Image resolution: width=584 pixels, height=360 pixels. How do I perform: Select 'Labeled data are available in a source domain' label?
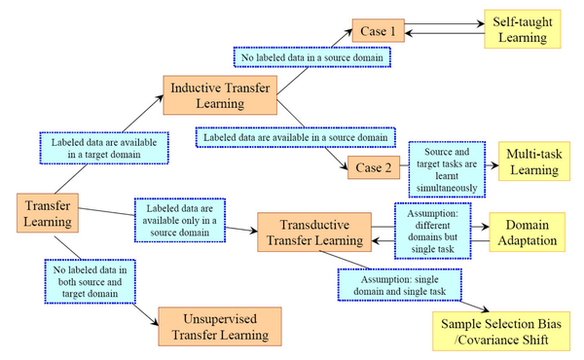pos(298,137)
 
